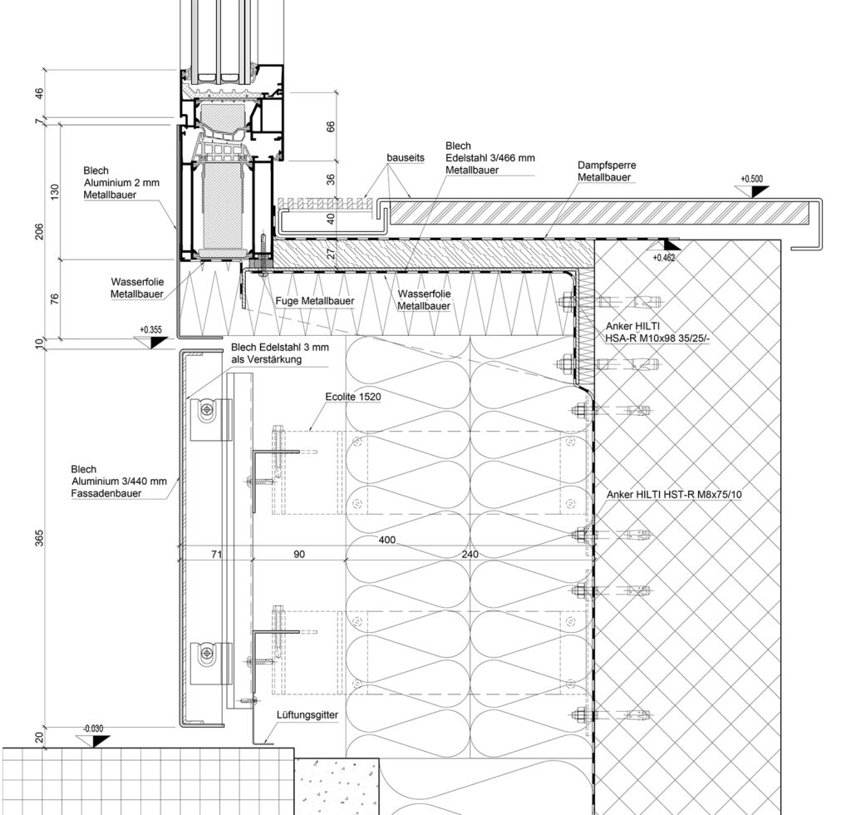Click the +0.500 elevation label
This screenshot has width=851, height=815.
[x=751, y=179]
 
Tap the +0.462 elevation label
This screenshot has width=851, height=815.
[x=664, y=259]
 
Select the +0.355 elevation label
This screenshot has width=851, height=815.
[x=151, y=330]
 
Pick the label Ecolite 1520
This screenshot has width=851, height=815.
[x=353, y=398]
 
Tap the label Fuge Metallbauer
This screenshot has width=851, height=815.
[x=314, y=301]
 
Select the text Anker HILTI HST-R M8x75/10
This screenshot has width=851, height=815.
[x=674, y=495]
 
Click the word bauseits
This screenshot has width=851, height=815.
[x=405, y=157]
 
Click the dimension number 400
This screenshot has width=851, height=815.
[x=387, y=541]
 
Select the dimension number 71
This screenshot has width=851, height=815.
[x=215, y=553]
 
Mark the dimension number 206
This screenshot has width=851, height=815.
[x=38, y=232]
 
